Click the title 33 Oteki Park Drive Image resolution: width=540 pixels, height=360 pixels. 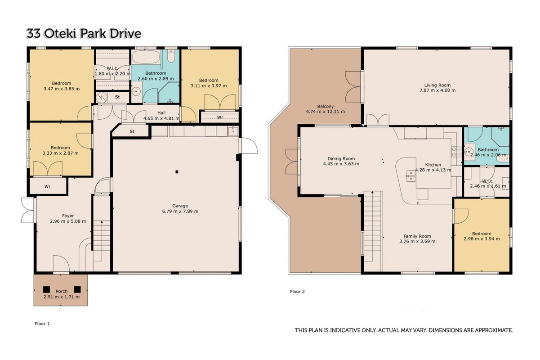pyautogui.click(x=84, y=34)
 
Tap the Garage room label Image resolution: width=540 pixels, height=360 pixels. pyautogui.click(x=180, y=206)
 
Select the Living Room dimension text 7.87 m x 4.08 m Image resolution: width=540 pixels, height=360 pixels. pyautogui.click(x=437, y=90)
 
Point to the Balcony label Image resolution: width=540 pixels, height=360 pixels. pyautogui.click(x=325, y=106)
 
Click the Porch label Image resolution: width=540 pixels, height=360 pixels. pyautogui.click(x=62, y=291)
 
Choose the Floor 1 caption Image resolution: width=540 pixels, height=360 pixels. pyautogui.click(x=42, y=324)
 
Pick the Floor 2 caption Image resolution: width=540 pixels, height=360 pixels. pyautogui.click(x=297, y=292)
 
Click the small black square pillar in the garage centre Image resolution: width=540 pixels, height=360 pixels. pyautogui.click(x=177, y=172)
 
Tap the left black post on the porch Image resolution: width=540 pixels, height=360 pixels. pyautogui.click(x=46, y=289)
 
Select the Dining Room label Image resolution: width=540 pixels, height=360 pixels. pyautogui.click(x=341, y=159)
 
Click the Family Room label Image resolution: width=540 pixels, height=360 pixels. pyautogui.click(x=417, y=236)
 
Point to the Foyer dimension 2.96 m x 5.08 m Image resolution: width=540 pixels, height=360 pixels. pyautogui.click(x=68, y=221)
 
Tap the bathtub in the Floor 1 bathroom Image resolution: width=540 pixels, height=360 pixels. pyautogui.click(x=146, y=57)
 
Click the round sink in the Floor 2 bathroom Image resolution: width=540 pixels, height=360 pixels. pyautogui.click(x=469, y=152)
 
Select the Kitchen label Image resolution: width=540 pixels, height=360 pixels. pyautogui.click(x=433, y=165)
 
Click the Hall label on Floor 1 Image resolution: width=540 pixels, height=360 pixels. pyautogui.click(x=161, y=113)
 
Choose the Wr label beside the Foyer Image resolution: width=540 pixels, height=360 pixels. pyautogui.click(x=47, y=186)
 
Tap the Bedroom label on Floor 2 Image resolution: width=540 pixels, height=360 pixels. pyautogui.click(x=482, y=234)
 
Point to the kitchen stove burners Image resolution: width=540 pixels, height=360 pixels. pyautogui.click(x=456, y=152)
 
